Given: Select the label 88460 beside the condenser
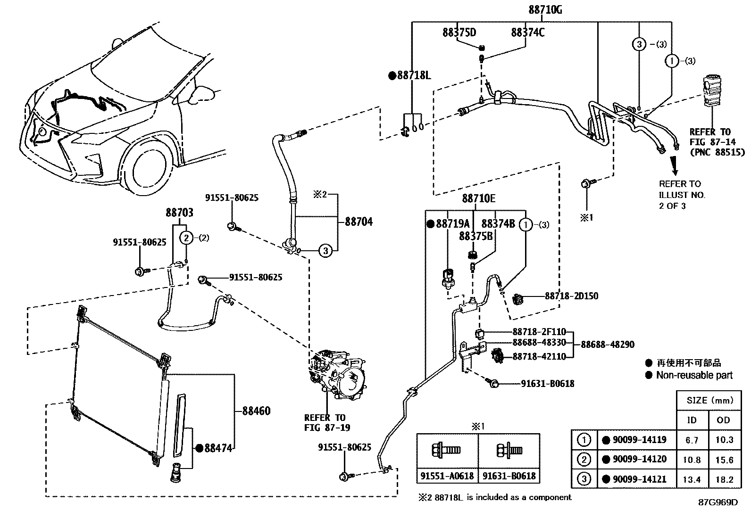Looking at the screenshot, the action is click(x=256, y=411).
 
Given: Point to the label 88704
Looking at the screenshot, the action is click(x=359, y=222).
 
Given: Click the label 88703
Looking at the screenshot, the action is click(x=179, y=213).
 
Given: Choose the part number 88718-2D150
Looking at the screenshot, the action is click(x=571, y=296).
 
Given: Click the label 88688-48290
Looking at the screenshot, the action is click(x=607, y=345).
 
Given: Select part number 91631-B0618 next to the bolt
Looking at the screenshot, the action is click(x=548, y=384).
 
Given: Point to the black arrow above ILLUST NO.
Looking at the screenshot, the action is click(x=676, y=165).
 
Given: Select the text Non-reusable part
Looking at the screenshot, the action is click(x=694, y=375).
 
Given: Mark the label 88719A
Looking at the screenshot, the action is click(x=452, y=224).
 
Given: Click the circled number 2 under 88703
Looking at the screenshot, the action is click(x=187, y=238).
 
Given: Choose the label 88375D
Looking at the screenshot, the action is click(x=459, y=33).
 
